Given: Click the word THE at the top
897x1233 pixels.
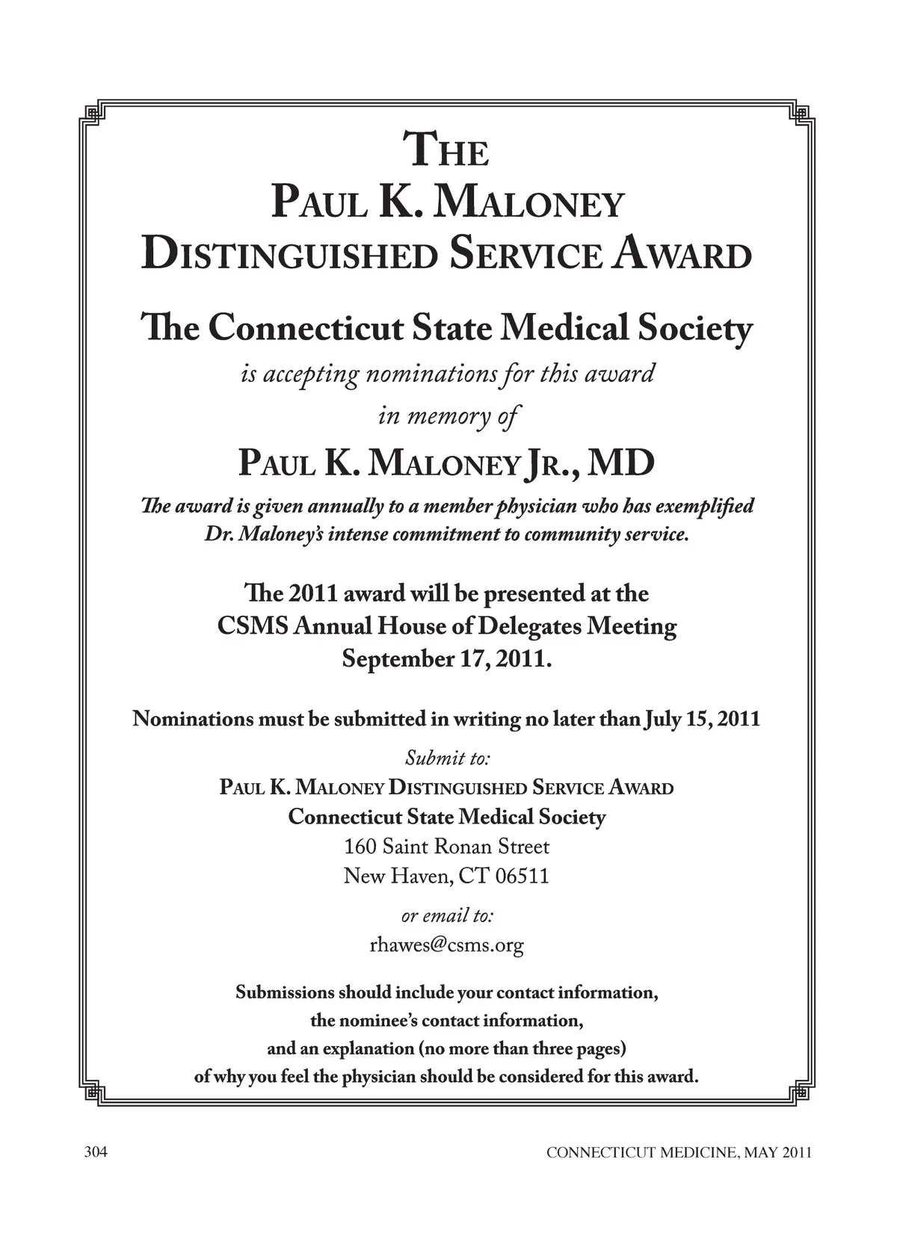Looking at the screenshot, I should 446,149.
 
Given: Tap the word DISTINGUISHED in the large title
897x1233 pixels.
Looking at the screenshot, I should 289,254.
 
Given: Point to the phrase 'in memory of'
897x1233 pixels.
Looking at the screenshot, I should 447,415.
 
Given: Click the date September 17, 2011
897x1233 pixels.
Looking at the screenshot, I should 447,660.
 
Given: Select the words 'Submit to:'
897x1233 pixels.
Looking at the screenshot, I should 447,758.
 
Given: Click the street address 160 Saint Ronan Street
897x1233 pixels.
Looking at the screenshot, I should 446,847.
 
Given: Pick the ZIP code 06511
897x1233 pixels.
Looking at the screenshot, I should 523,876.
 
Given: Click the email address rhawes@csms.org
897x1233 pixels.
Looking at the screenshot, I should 447,945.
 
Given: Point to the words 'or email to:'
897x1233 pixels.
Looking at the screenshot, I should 447,915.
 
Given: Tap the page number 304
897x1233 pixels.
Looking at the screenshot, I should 96,1152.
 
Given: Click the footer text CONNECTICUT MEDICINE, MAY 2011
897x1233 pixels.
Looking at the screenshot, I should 679,1153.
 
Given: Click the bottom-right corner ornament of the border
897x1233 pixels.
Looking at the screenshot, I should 801,1093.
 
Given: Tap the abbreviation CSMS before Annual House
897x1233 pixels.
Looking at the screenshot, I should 253,626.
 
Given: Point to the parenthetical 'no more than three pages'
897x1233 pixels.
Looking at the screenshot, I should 522,1048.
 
